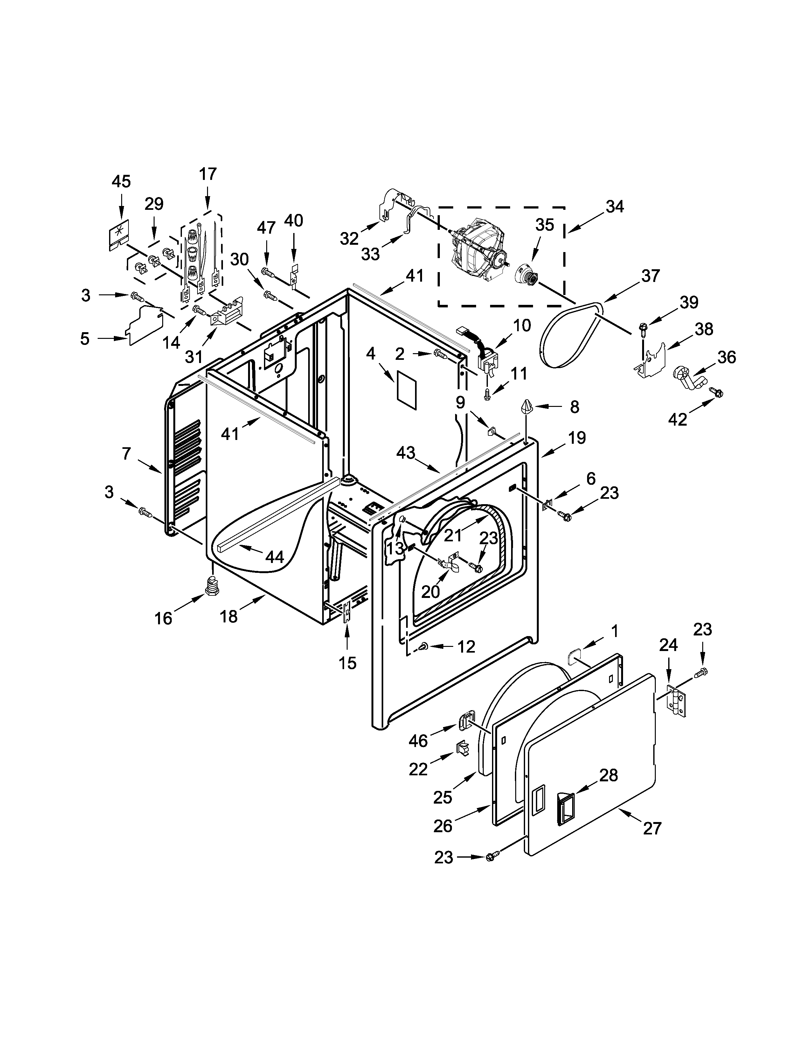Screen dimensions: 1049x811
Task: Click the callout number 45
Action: tap(121, 182)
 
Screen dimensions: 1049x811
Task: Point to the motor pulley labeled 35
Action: tap(527, 275)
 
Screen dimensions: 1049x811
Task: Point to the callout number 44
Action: tap(274, 557)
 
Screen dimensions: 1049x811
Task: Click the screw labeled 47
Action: tap(268, 272)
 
